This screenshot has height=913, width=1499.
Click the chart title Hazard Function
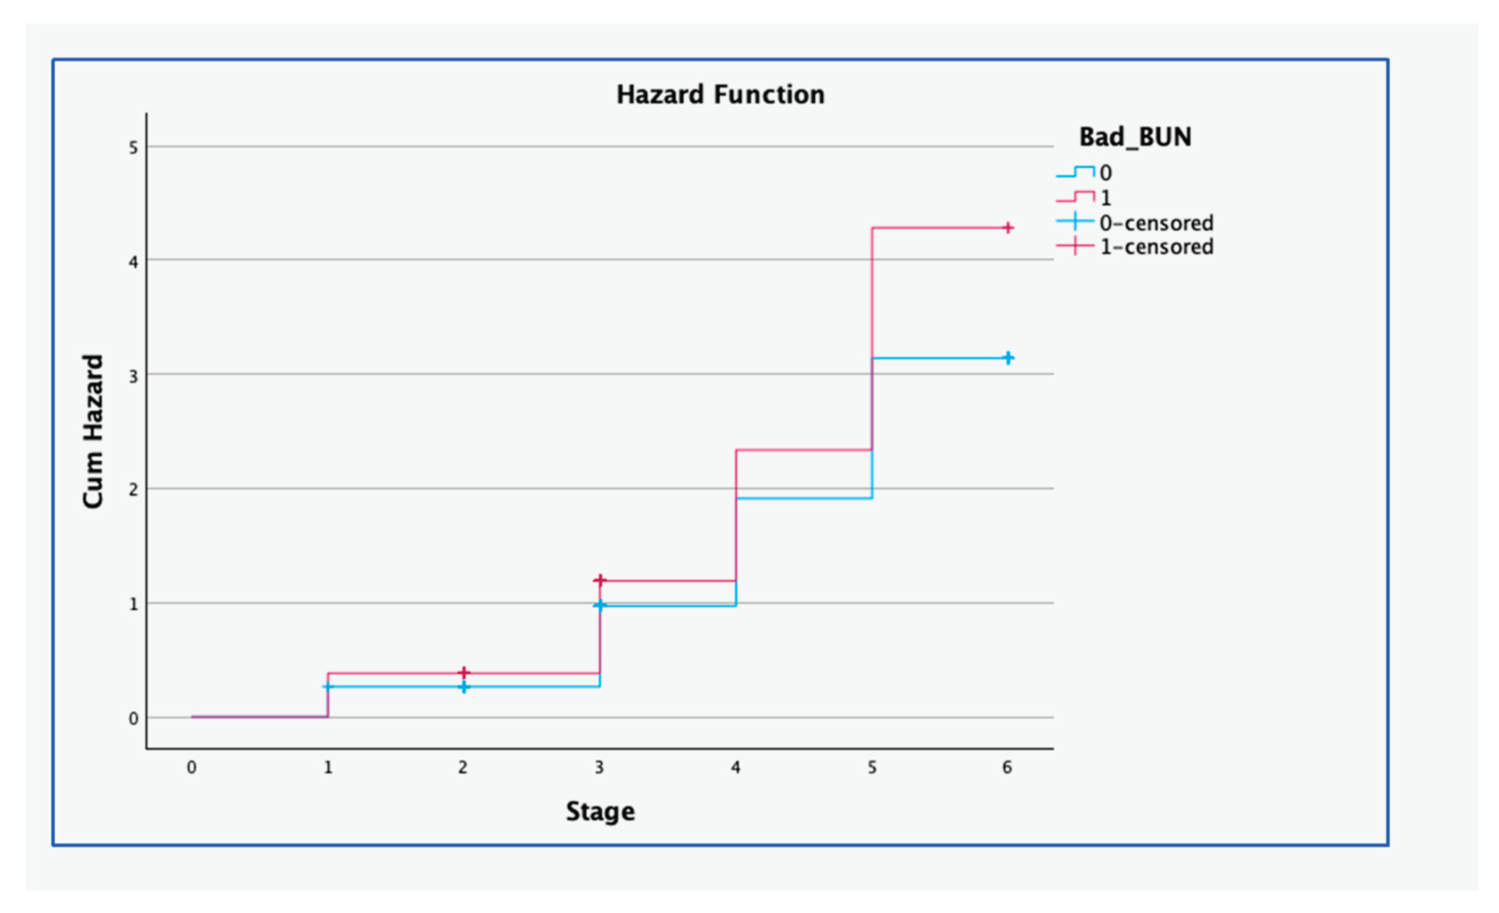[x=721, y=95]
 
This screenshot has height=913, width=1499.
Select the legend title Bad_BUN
[x=1135, y=137]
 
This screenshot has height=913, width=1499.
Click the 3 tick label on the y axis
[x=133, y=376]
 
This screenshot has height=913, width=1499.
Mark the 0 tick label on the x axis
[x=192, y=767]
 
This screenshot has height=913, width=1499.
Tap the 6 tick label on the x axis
[x=1008, y=767]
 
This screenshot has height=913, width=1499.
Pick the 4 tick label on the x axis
[x=736, y=767]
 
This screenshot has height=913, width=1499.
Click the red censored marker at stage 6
[x=1008, y=228]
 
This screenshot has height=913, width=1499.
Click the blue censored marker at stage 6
[x=1008, y=358]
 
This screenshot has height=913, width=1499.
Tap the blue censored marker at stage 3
[x=600, y=606]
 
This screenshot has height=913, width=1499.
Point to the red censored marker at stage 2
[x=464, y=673]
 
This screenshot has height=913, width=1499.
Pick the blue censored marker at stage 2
[x=464, y=687]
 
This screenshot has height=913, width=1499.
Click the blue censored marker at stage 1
[x=328, y=687]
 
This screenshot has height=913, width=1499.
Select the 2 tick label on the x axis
[x=463, y=767]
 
